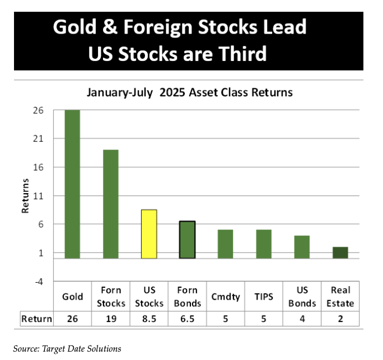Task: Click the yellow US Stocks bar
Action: coord(149,234)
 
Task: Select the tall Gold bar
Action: coord(72,184)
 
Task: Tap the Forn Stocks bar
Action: coord(110,204)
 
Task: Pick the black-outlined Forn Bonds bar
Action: coord(187,240)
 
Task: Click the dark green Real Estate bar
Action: coord(340,253)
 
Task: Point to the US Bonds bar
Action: coord(302,247)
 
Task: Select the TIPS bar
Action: coord(264,244)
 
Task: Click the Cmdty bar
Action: coord(225,244)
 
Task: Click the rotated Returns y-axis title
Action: coord(25,195)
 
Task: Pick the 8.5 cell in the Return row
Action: coord(149,320)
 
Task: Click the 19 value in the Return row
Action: coord(110,320)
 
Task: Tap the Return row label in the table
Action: coord(36,320)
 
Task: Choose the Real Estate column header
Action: coord(340,297)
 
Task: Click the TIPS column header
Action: coord(264,297)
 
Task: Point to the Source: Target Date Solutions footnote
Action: coord(67,348)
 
